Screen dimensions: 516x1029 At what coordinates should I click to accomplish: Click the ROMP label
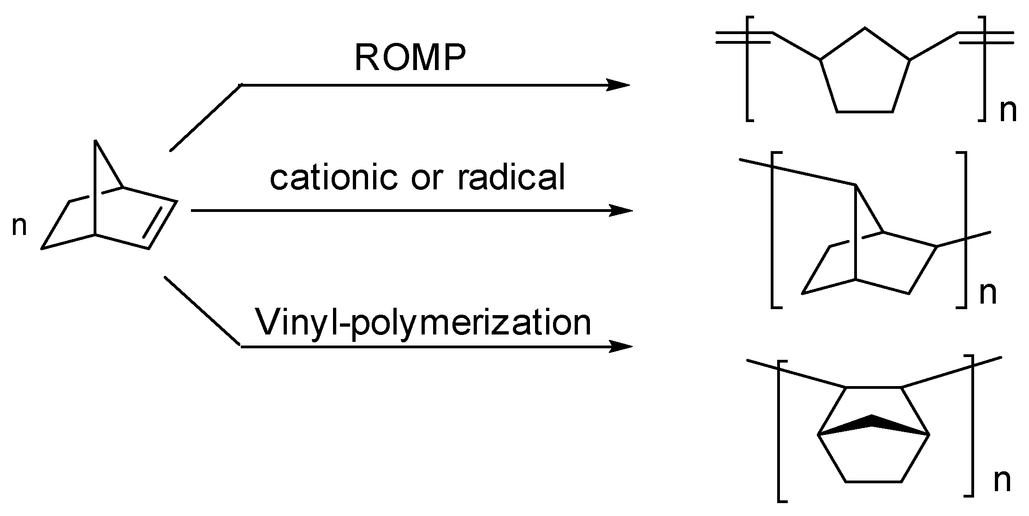point(410,59)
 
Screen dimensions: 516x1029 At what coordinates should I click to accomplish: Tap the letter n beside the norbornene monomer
point(19,226)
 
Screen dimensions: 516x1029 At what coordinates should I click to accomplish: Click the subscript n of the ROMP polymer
point(1008,112)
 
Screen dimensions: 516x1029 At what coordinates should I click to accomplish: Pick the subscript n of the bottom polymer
point(1002,481)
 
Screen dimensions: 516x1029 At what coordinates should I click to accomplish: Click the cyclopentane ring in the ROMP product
point(865,76)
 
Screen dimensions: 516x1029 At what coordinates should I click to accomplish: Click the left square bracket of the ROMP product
point(749,74)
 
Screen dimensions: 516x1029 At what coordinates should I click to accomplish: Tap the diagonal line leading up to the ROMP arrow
point(206,117)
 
